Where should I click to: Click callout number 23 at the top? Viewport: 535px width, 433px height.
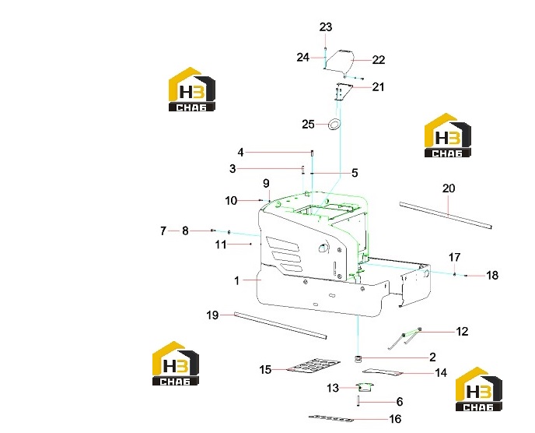(326, 27)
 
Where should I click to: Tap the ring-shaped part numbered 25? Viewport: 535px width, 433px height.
(334, 125)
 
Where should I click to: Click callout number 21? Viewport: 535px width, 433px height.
(378, 86)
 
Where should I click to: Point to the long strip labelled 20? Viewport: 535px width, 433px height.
(446, 214)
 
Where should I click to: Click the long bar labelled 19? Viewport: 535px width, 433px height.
(281, 326)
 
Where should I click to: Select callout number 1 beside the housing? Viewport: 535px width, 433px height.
(237, 281)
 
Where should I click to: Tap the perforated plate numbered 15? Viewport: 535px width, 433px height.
(313, 365)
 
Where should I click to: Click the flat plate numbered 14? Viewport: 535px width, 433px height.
(383, 372)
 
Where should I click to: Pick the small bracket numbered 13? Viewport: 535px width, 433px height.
(365, 387)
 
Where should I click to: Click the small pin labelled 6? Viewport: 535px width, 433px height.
(358, 400)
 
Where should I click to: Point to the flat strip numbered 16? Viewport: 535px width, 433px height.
(331, 418)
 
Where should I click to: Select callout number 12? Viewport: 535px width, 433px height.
(462, 332)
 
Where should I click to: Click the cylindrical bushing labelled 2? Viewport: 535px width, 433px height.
(358, 359)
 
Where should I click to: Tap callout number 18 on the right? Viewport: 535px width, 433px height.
(492, 275)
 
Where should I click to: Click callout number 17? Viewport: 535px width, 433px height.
(454, 257)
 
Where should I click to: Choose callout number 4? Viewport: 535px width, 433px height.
(240, 153)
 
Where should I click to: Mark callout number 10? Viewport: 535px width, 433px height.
(231, 201)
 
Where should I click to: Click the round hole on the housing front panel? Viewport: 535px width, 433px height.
(323, 248)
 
